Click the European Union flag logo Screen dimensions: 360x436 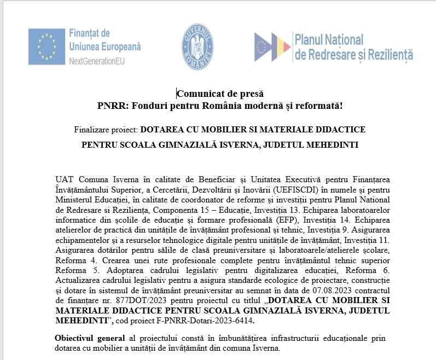click(46, 46)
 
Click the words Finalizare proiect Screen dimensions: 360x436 click(106, 130)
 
